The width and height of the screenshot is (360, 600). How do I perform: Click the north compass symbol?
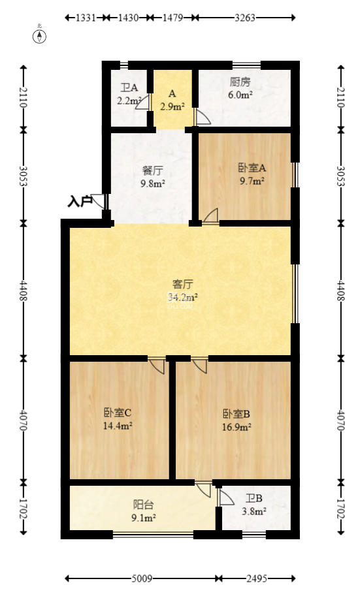coord(40,35)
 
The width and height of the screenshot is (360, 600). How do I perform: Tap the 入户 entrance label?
coord(80,202)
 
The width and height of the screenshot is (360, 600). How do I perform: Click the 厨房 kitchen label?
coord(240,83)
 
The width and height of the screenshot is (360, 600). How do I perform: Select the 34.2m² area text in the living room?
coord(182,297)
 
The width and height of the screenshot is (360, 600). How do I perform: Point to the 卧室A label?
coord(252,168)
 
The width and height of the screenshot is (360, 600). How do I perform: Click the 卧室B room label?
coord(237,414)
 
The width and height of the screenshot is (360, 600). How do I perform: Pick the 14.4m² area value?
coord(118,426)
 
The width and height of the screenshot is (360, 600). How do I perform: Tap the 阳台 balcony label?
coord(144,504)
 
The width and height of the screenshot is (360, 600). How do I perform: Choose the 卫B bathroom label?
coord(254,499)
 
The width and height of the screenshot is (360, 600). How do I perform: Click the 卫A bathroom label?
coord(129,88)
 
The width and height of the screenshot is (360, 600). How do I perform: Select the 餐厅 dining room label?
coord(153,171)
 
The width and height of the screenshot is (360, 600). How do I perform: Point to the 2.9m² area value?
coord(172,106)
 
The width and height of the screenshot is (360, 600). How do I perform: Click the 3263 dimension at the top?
coord(244,18)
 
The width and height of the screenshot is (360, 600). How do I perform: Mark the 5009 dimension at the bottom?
coord(142,578)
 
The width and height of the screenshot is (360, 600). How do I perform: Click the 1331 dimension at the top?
coord(86,18)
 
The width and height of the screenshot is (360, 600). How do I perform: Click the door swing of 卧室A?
coord(211,216)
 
